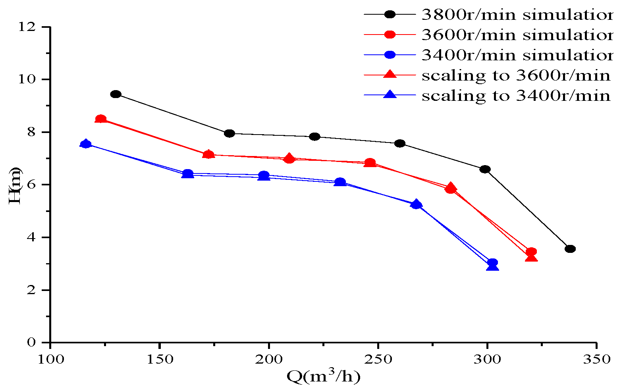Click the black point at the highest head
116,94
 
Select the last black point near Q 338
570,249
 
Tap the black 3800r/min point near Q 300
485,169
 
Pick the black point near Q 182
230,133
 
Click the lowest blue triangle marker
492,266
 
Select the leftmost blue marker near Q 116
85,144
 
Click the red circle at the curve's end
531,252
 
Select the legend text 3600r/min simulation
516,35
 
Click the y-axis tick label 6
32,185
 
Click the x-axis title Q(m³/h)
323,376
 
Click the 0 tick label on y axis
32,343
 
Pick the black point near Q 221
314,137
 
